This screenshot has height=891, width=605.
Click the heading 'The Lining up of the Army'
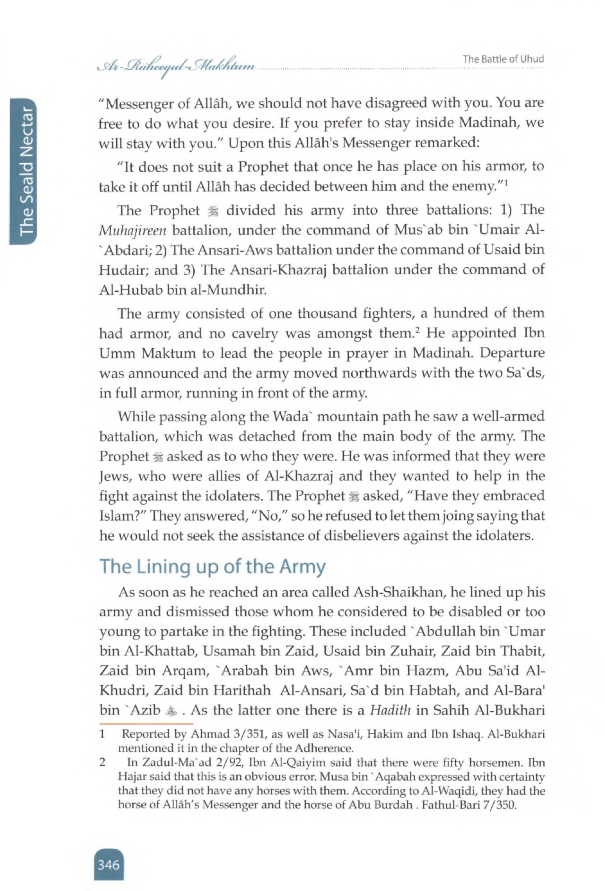[x=212, y=566]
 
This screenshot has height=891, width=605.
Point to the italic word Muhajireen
[x=132, y=230]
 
